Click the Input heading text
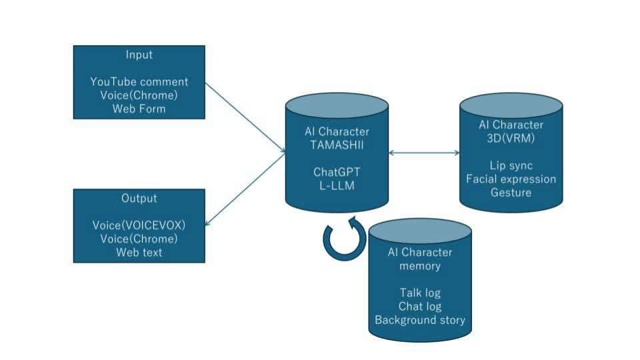tap(139, 55)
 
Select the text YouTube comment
tap(139, 82)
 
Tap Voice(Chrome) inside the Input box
tap(139, 95)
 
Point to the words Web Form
tap(139, 109)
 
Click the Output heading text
tap(139, 199)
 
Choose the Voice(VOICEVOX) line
tap(139, 225)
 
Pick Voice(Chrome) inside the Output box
tap(139, 239)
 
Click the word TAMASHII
tap(337, 145)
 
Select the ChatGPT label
tap(337, 171)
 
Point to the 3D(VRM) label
tap(511, 139)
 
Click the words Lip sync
tap(511, 165)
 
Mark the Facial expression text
tap(511, 179)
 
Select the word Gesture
tap(511, 192)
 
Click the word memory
tap(420, 266)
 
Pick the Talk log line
tap(420, 293)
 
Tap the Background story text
tap(420, 320)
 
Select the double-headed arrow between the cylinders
tap(424, 153)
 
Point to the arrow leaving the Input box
tap(244, 117)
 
